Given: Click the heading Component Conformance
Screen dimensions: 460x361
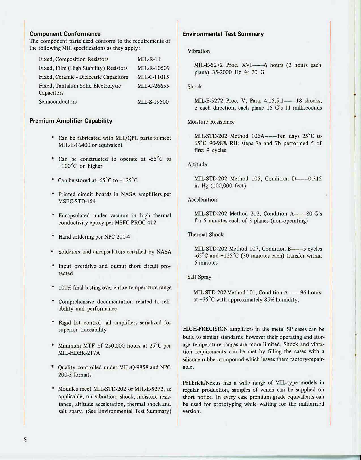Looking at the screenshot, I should [x=65, y=34].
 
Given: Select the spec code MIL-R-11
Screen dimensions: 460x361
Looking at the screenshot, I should [x=149, y=59].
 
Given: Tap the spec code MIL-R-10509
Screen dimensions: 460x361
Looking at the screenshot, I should [x=153, y=68].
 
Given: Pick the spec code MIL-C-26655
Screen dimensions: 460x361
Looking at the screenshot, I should [x=153, y=86].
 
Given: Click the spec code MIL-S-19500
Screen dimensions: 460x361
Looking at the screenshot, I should [x=153, y=102].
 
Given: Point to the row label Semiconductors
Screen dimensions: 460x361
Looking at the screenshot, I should [x=58, y=102].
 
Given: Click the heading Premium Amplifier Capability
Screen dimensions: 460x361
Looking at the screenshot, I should [x=71, y=121].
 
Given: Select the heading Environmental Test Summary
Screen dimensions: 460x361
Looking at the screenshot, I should [x=223, y=34].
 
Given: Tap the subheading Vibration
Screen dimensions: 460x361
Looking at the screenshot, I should [x=199, y=51].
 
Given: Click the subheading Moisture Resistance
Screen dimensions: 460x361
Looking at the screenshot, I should [x=211, y=122].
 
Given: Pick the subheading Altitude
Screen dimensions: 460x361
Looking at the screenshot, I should [x=197, y=164].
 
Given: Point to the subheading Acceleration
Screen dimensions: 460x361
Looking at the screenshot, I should [x=202, y=200].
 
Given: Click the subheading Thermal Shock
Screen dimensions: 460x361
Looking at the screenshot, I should [x=205, y=235].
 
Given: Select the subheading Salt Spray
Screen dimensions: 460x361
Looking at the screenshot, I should [x=199, y=277].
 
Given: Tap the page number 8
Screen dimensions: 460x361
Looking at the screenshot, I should [x=25, y=440].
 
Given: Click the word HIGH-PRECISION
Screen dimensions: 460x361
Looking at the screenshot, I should [x=205, y=329].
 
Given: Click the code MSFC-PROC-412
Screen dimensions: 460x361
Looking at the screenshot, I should [x=135, y=223].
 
